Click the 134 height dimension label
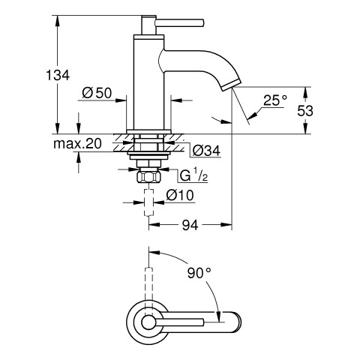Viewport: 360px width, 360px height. [58, 75]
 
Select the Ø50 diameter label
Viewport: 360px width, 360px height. [97, 93]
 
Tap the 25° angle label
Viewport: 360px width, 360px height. [275, 100]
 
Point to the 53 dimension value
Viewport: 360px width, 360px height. [305, 111]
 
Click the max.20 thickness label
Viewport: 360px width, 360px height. [77, 144]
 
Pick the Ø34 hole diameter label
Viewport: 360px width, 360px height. [206, 151]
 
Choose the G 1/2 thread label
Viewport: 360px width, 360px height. [193, 175]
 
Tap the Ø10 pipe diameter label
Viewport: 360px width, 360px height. [180, 195]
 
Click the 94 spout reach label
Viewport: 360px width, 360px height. [190, 225]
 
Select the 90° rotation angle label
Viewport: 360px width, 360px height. [199, 273]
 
